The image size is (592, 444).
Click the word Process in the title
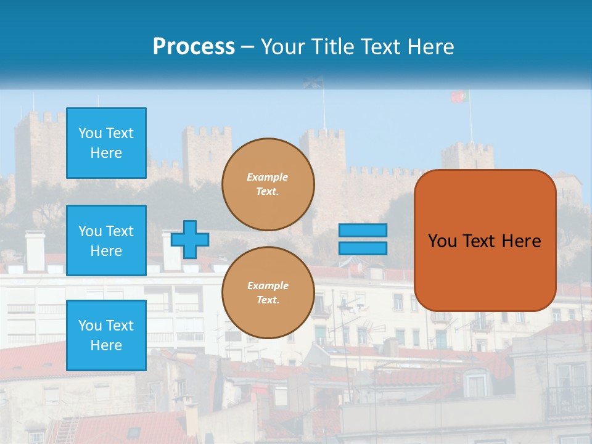194,47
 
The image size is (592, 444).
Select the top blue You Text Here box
106,143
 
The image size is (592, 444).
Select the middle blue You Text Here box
106,240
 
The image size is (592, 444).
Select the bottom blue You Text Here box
106,335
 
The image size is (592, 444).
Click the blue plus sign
189,239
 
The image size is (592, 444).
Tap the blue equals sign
363,239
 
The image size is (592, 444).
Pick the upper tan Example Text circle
268,184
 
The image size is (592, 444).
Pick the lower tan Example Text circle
268,292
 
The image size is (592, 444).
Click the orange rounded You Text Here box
485,240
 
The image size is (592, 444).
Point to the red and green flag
459,97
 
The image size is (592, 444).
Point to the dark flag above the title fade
313,82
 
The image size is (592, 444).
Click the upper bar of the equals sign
363,230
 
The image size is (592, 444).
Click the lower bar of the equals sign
363,249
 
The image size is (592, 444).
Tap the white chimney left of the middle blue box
35,250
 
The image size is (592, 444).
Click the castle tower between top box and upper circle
206,154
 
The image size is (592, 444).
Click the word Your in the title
283,47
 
